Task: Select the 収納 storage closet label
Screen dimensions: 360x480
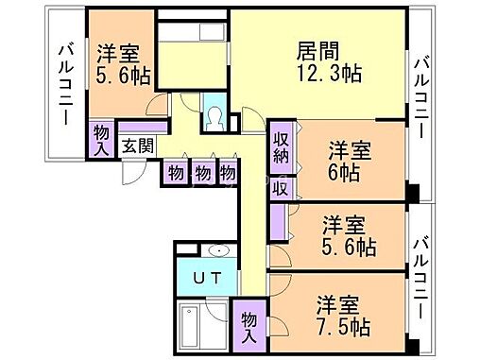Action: pos(281,149)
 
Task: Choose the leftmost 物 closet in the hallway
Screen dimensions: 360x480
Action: pos(176,173)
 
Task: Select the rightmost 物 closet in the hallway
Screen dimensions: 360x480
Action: pos(228,173)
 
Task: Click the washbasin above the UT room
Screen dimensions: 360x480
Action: pos(219,250)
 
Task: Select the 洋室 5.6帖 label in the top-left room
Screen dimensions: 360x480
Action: pos(120,65)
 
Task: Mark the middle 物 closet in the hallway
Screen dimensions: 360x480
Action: pos(201,173)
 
